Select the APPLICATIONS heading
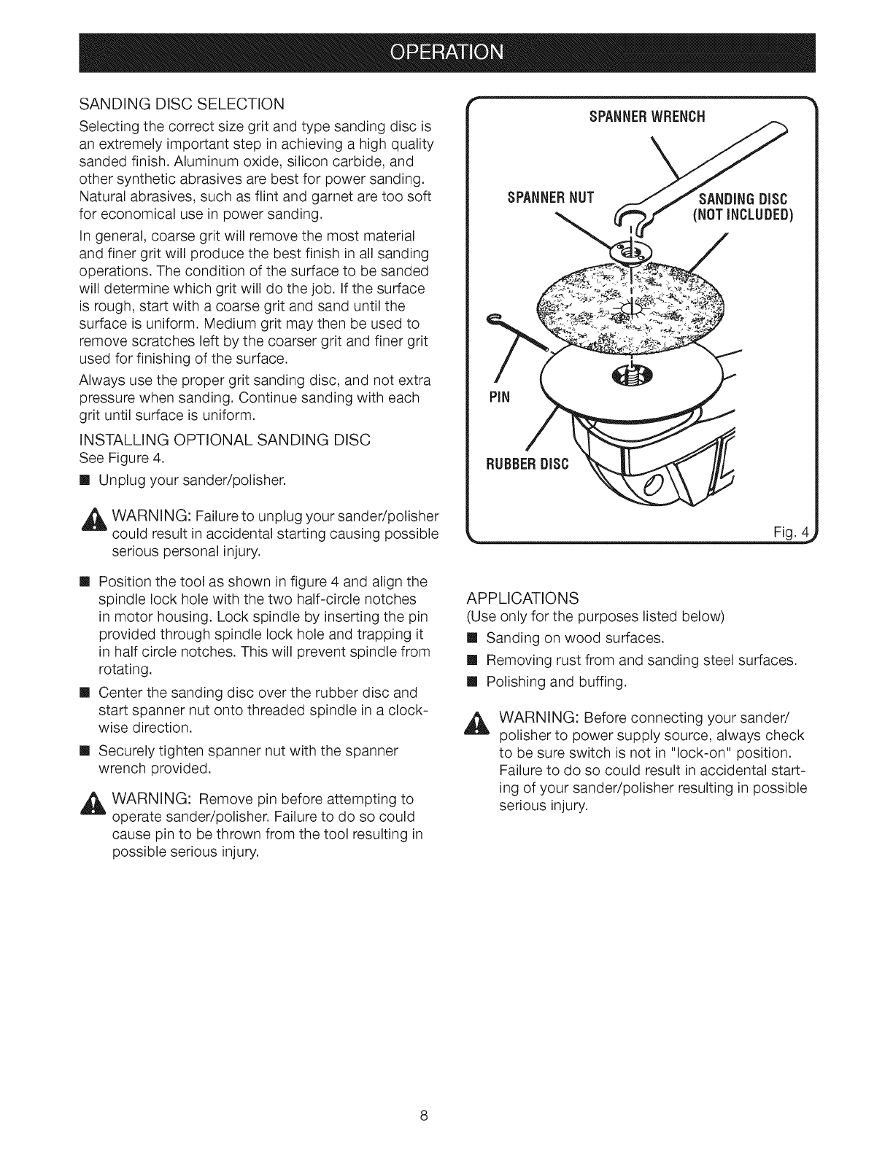click(522, 598)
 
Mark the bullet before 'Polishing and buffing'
click(471, 682)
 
